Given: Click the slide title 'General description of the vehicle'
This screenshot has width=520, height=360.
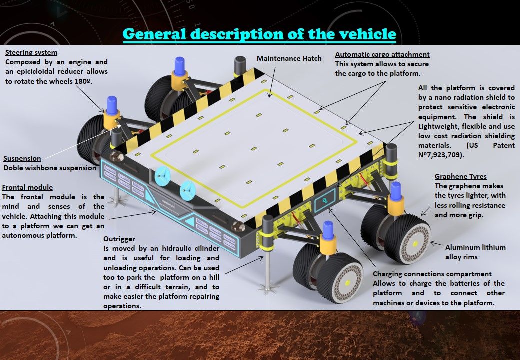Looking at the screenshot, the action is [259, 34].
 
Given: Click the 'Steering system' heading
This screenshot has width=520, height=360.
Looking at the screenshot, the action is [31, 52].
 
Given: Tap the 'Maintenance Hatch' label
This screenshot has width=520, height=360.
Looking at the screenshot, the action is [289, 58].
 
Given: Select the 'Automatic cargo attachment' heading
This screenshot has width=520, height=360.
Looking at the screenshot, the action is [382, 54].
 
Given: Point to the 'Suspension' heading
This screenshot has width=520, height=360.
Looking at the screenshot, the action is [22, 158].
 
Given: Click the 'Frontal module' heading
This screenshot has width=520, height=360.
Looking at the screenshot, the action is [27, 187].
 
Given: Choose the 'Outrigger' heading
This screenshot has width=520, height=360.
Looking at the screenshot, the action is [119, 239].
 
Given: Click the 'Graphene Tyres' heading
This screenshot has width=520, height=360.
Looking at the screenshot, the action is [460, 176].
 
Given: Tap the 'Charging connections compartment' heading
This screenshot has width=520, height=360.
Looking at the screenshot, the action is [432, 274].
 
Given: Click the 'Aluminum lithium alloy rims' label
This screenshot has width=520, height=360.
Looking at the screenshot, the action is [475, 252].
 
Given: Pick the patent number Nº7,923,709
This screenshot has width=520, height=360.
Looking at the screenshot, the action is [440, 155].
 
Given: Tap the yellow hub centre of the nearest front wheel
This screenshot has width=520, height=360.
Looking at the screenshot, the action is [348, 283].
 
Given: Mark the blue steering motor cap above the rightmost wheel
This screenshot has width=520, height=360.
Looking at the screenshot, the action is [395, 191].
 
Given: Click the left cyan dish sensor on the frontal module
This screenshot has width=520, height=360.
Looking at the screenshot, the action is [162, 175].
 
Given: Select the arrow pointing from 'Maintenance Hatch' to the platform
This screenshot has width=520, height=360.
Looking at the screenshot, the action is [272, 82].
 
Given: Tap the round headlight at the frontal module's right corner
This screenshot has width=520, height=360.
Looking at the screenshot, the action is [239, 226].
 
